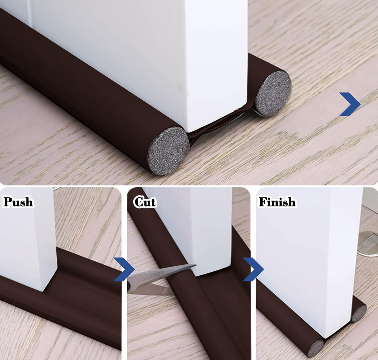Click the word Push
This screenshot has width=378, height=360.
18,202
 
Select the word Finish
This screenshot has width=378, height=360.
277,202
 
